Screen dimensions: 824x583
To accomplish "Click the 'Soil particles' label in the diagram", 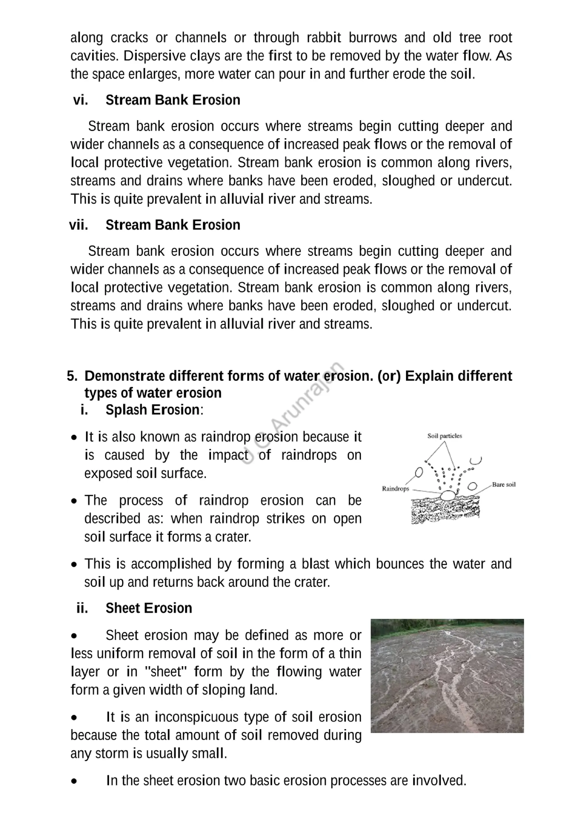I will [x=444, y=436].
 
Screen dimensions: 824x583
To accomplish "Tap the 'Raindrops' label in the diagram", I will [x=395, y=489].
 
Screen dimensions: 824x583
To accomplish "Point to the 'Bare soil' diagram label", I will [x=503, y=485].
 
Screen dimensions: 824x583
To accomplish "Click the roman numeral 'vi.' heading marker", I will [x=80, y=100].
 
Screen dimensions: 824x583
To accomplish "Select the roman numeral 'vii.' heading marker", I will [x=79, y=225].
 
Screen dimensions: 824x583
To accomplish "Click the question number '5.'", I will [x=72, y=376].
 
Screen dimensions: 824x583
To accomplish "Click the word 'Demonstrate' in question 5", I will [x=125, y=376].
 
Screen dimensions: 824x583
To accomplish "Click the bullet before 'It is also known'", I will [x=74, y=438].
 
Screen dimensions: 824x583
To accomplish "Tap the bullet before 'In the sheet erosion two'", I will [x=74, y=781].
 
